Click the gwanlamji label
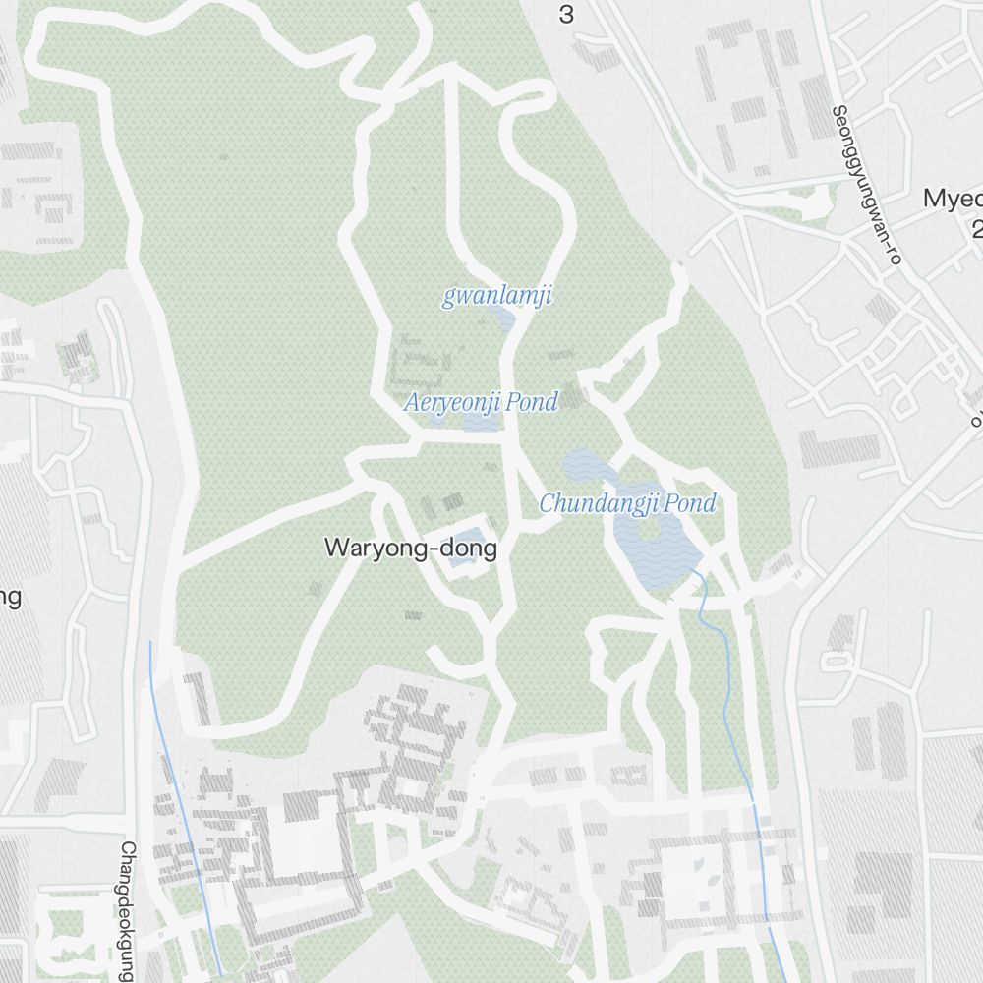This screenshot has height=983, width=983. (496, 296)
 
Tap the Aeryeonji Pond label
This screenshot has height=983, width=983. (481, 402)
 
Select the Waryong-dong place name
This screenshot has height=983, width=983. (410, 549)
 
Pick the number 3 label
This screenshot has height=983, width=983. (565, 14)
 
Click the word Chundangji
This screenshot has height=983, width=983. (599, 504)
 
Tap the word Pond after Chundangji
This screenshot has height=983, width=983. (690, 504)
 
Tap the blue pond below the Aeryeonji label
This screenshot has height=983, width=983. (482, 422)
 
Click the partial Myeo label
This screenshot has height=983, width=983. (952, 198)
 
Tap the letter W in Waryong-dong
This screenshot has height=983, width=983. (334, 549)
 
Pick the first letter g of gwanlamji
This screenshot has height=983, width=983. (448, 298)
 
